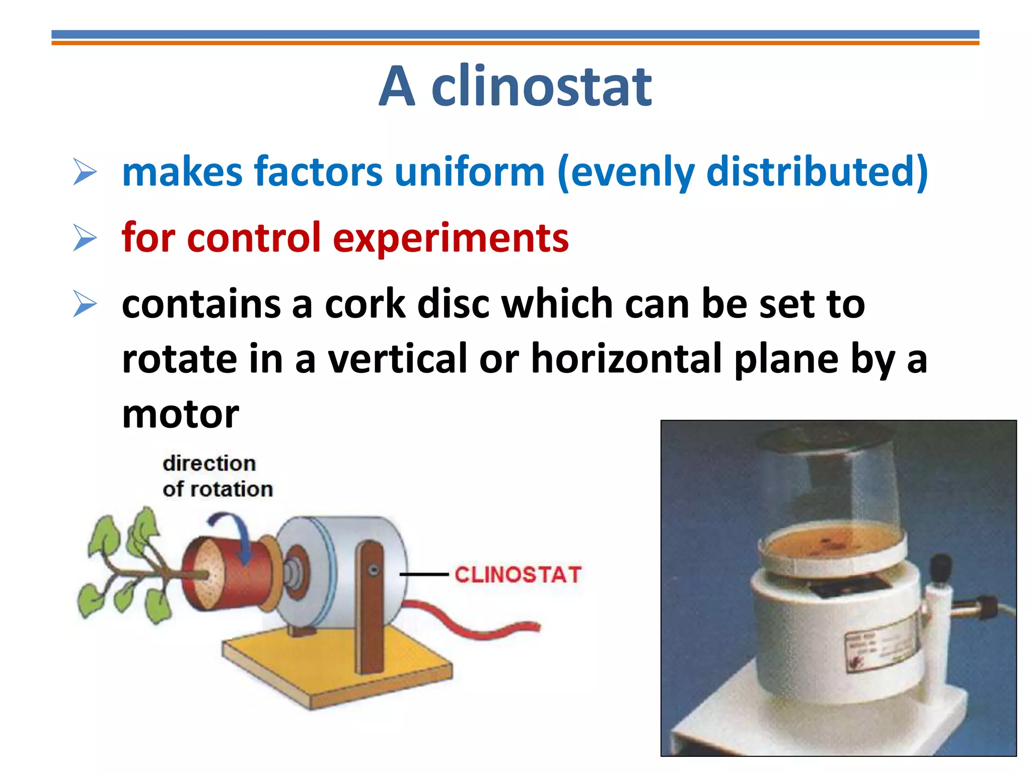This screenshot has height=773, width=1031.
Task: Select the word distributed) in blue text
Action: click(x=817, y=172)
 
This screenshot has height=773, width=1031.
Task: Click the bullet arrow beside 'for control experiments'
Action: click(x=85, y=238)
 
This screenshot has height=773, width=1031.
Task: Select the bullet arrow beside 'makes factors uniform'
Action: click(x=85, y=172)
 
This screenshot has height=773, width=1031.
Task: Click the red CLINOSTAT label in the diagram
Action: click(x=518, y=575)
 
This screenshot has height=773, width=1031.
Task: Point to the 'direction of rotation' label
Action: click(x=216, y=476)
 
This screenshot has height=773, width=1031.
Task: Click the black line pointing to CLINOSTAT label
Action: click(x=424, y=574)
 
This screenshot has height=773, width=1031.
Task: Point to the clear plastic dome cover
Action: click(x=831, y=483)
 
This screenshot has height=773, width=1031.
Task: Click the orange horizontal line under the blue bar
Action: click(x=515, y=43)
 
